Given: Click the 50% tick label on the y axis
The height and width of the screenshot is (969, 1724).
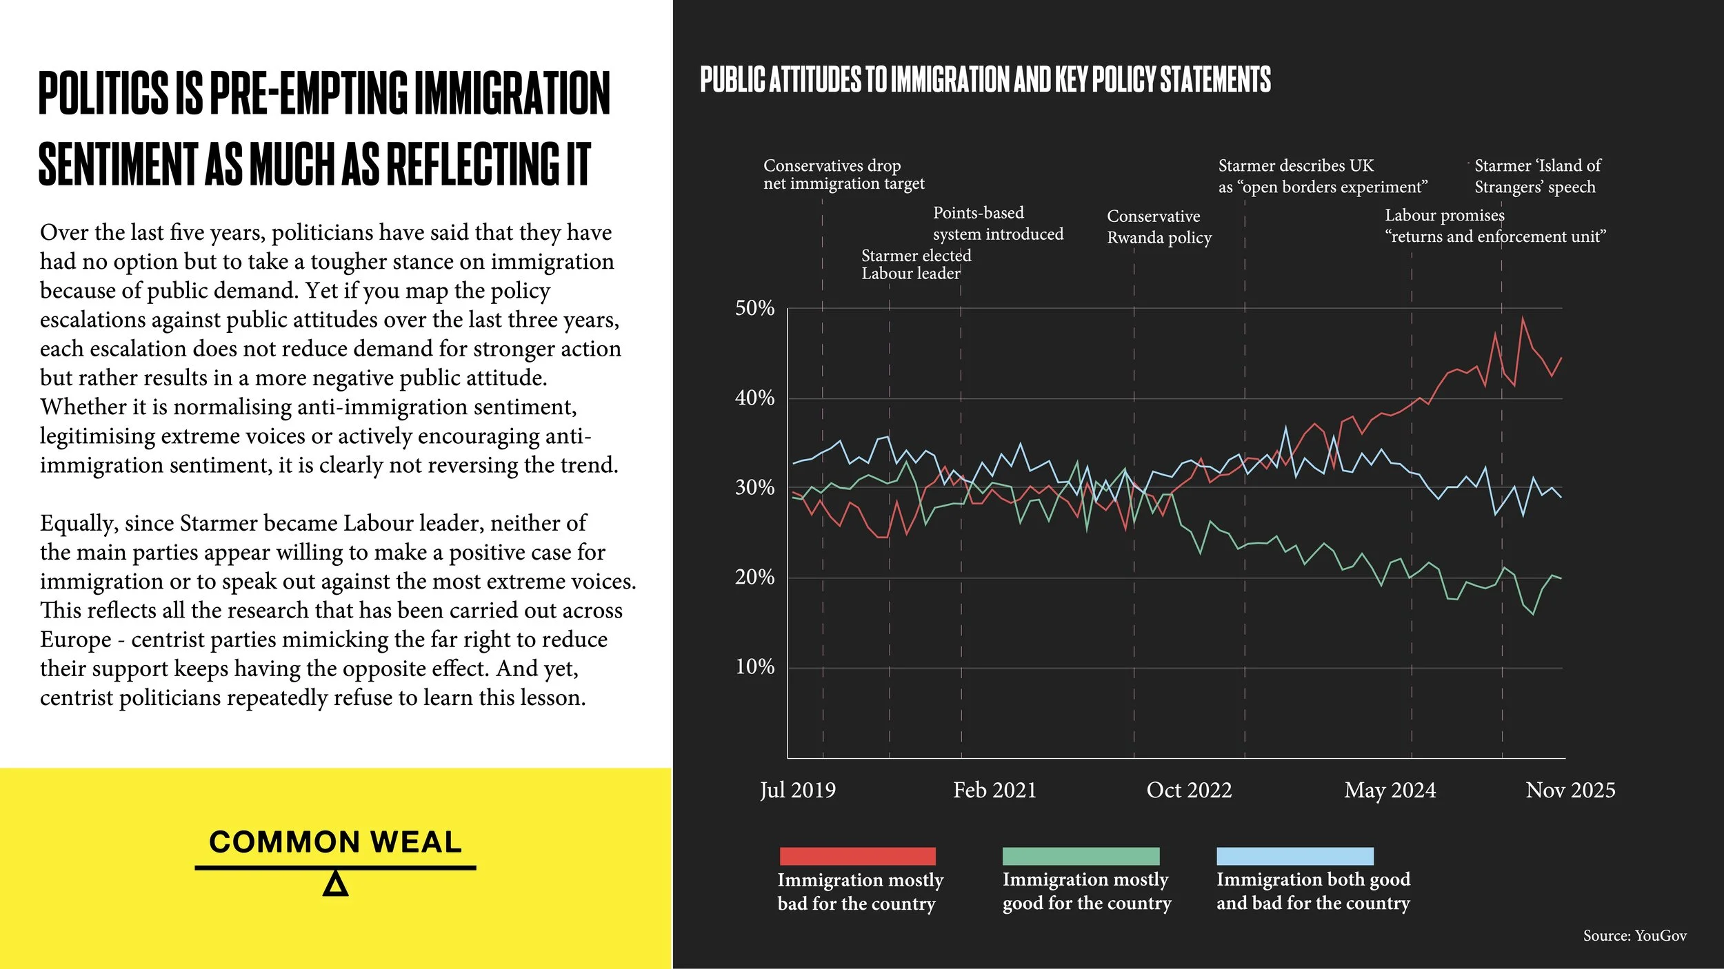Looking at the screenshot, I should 754,308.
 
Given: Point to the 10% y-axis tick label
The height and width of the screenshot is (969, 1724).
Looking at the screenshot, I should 754,667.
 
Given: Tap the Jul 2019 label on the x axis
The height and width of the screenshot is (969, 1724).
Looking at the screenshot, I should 798,790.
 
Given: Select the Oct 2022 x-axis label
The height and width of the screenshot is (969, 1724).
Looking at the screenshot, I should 1189,790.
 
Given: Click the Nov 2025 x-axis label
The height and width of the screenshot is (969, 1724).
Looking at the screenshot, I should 1570,790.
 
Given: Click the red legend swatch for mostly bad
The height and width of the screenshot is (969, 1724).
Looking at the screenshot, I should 857,856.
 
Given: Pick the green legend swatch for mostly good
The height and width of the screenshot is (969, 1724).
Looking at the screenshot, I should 1081,856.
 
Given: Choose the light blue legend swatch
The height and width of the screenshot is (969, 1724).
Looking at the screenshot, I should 1294,856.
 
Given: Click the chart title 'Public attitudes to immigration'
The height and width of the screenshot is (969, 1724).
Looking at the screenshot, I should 985,80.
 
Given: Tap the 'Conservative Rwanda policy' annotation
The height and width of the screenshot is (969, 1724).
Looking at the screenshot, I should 1159,227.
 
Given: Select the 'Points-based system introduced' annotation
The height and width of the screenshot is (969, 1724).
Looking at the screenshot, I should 998,223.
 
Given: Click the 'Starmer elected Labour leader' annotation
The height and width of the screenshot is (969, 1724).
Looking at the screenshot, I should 916,265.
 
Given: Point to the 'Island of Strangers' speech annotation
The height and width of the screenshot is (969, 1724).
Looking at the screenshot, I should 1537,176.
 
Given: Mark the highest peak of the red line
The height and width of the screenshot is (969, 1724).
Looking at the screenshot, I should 1522,318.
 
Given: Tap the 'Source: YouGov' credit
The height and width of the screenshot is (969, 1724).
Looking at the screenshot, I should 1634,936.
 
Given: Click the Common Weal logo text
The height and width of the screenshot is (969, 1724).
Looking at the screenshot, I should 335,842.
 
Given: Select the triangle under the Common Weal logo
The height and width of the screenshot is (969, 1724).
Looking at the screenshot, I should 335,884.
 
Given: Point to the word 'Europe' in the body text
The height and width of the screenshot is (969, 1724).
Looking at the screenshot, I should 75,640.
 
